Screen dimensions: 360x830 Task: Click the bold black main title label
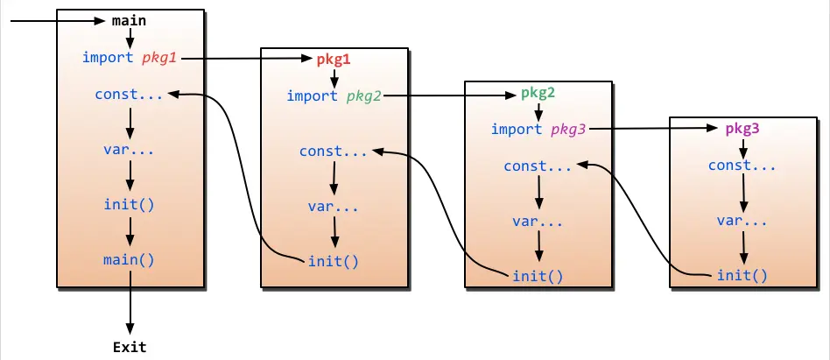tap(130, 20)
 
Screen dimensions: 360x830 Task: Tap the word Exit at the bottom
tap(130, 347)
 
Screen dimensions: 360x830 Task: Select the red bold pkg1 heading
tap(333, 60)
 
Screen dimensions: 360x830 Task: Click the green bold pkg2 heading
tap(538, 93)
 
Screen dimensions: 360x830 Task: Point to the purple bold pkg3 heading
tap(742, 129)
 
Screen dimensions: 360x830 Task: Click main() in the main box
tap(130, 259)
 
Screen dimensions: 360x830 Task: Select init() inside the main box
tap(130, 205)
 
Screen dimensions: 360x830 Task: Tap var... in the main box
tap(130, 149)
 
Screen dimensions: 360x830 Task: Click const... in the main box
tap(130, 94)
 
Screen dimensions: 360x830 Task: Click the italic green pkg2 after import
tap(364, 95)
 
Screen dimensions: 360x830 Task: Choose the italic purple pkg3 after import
tap(568, 130)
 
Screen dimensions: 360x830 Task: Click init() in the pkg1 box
tap(334, 260)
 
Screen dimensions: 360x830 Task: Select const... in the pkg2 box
tap(538, 166)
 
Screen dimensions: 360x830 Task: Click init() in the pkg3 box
tap(742, 276)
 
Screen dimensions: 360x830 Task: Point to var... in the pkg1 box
tap(334, 208)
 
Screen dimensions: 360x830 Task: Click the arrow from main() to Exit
tap(130, 302)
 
